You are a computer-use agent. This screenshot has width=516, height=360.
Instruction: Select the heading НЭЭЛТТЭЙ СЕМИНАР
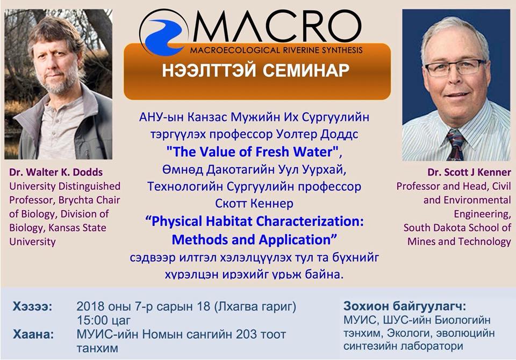[x=256, y=71]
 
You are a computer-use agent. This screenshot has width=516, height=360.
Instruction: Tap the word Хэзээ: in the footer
[x=33, y=307]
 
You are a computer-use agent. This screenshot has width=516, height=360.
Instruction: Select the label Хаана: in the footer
[x=33, y=334]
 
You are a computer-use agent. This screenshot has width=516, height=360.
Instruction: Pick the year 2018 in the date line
[x=89, y=307]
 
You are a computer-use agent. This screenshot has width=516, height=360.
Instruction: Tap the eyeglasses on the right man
[x=454, y=68]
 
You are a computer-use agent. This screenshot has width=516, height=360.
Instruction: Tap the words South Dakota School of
[x=457, y=228]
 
